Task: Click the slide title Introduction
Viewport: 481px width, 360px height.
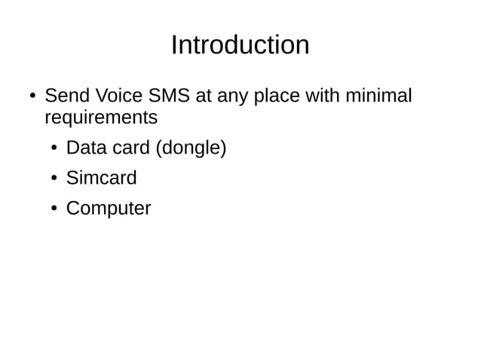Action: [240, 45]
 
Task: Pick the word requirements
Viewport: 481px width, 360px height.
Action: [101, 119]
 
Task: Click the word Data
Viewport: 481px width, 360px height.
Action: [87, 148]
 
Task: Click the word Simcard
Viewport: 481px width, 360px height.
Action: [102, 178]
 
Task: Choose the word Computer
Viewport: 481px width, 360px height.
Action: [109, 209]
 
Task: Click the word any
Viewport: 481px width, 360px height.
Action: [231, 98]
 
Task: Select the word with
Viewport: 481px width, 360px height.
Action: [324, 96]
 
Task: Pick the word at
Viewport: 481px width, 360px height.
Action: [202, 97]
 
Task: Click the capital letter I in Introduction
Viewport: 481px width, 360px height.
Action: [174, 45]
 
